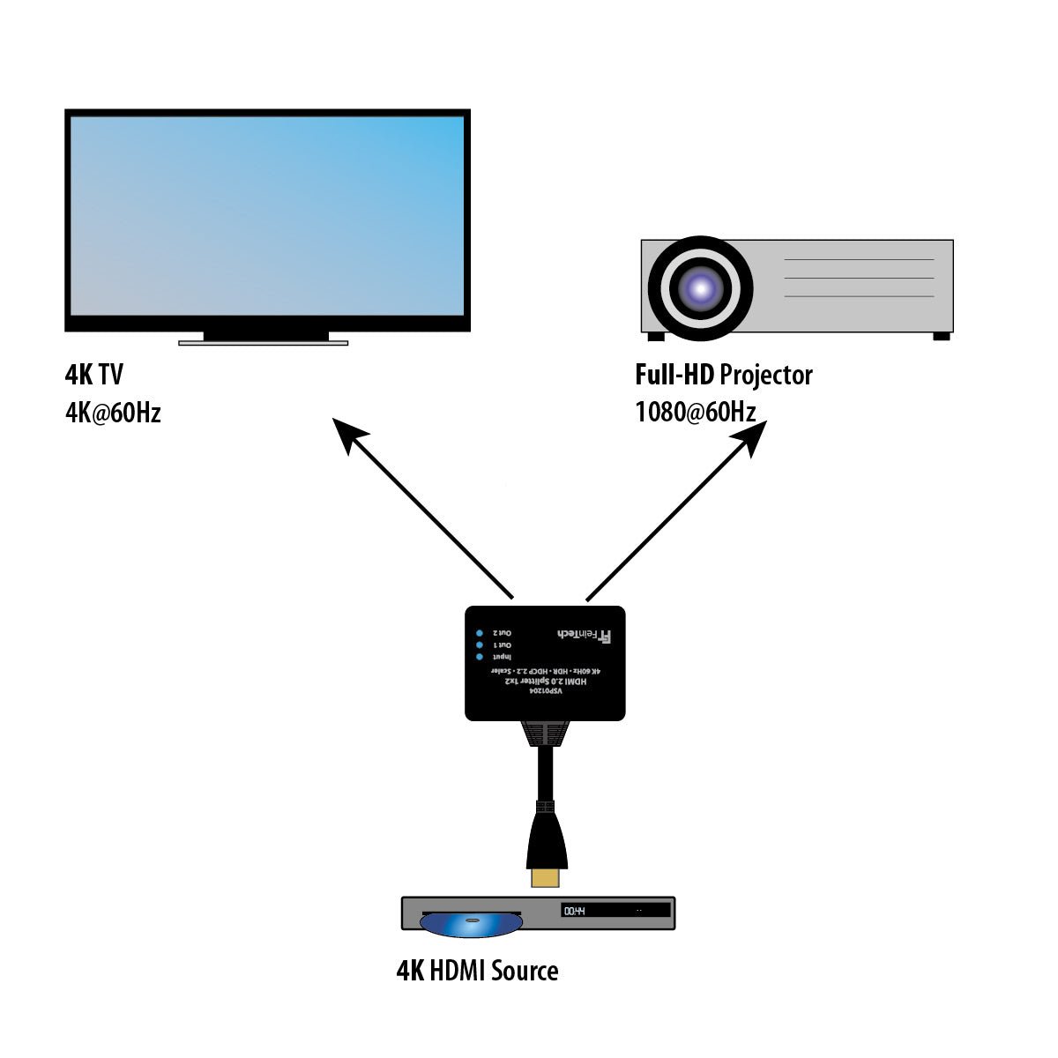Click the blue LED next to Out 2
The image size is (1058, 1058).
480,633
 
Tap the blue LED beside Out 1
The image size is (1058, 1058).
480,645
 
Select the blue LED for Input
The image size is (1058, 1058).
480,657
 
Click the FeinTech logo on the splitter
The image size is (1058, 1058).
585,634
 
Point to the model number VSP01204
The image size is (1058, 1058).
545,693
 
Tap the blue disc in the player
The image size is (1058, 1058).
471,923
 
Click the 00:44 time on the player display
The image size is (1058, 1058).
575,911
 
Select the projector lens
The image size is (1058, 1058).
701,287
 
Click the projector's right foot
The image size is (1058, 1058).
941,336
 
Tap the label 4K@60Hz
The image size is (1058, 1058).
113,413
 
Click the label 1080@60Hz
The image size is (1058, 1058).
695,412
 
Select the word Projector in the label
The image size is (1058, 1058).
765,375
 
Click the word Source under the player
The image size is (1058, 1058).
525,971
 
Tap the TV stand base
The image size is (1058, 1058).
263,342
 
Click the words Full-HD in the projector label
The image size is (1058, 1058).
674,375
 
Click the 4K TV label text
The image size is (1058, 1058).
94,375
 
